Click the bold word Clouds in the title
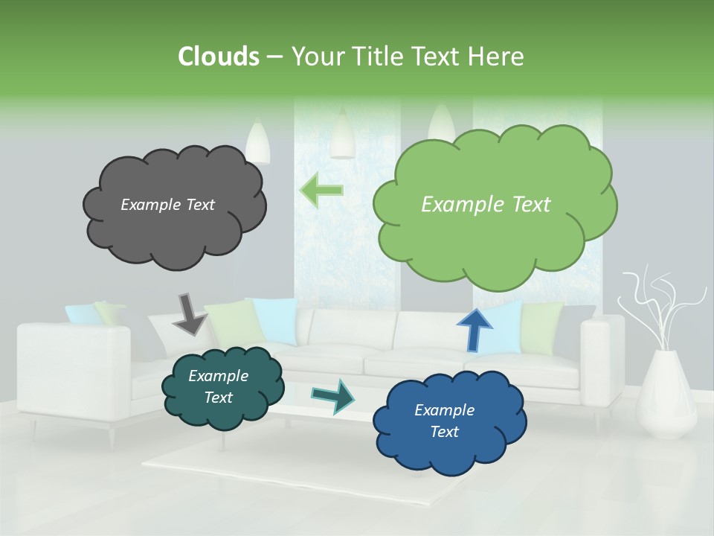pyautogui.click(x=218, y=57)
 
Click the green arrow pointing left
pyautogui.click(x=321, y=191)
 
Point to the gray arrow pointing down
pyautogui.click(x=190, y=314)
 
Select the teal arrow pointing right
pyautogui.click(x=333, y=396)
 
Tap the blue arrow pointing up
pyautogui.click(x=474, y=329)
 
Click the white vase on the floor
pyautogui.click(x=666, y=395)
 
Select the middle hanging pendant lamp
pyautogui.click(x=342, y=135)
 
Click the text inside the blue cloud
pyautogui.click(x=444, y=421)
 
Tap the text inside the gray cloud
pyautogui.click(x=167, y=205)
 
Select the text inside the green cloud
pyautogui.click(x=486, y=205)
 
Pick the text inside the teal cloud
pyautogui.click(x=218, y=386)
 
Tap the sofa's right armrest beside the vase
pyautogui.click(x=602, y=365)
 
